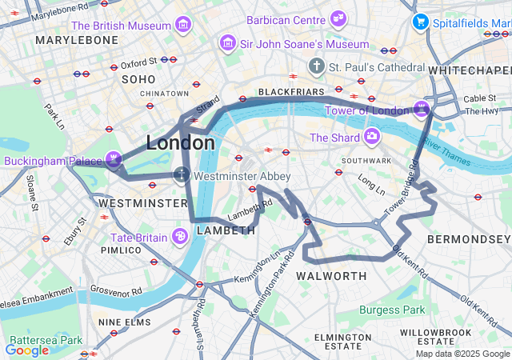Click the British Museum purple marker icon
coord(185,26)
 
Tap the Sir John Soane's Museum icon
coord(229,43)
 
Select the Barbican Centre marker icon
coord(339,18)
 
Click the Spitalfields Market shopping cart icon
coord(420,22)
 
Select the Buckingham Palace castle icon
coord(114,160)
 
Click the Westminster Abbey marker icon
coord(182,175)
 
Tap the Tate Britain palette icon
coord(180,237)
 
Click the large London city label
coord(180,143)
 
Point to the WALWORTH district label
coord(331,276)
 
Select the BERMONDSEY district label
coord(468,239)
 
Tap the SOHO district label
coord(138,79)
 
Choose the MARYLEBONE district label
coord(77,39)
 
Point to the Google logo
coord(26,350)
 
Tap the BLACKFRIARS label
coord(286,92)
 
